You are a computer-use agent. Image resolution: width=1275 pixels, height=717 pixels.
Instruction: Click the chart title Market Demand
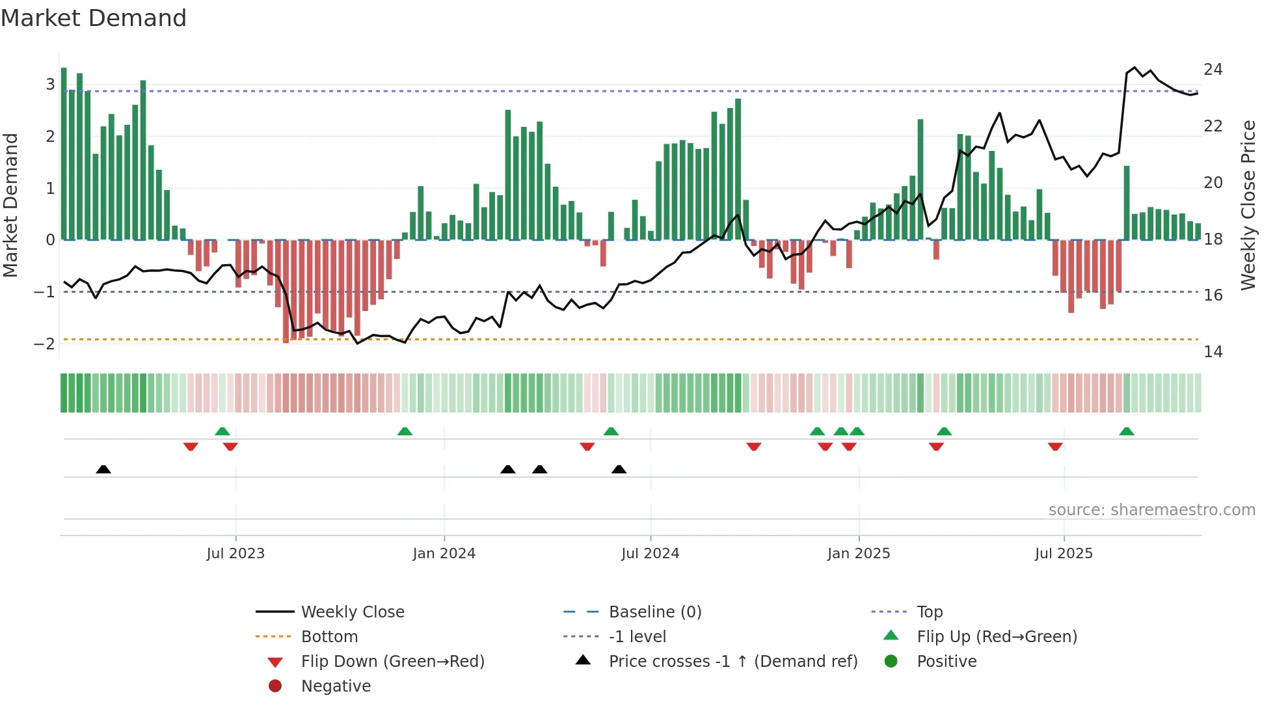(x=94, y=18)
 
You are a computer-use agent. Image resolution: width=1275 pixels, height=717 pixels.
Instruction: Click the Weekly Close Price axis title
(x=1248, y=205)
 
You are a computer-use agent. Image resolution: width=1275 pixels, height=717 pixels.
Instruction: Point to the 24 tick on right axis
(x=1213, y=70)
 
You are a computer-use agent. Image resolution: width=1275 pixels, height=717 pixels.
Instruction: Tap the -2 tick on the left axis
(x=45, y=344)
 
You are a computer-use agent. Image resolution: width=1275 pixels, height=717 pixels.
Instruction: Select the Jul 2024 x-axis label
(x=650, y=554)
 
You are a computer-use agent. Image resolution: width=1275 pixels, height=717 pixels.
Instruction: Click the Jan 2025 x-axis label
(x=858, y=554)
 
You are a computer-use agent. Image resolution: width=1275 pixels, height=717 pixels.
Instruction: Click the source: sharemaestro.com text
(x=1151, y=510)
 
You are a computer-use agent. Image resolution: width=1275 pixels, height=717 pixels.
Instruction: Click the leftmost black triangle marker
(x=103, y=469)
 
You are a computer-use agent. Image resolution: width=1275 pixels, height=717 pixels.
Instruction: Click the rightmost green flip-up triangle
(x=1127, y=431)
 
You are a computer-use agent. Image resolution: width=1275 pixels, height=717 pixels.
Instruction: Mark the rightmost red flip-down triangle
(x=1055, y=446)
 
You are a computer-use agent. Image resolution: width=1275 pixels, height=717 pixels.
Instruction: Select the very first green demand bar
(x=64, y=154)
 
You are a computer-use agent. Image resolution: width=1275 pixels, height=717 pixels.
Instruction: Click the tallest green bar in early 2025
(x=920, y=179)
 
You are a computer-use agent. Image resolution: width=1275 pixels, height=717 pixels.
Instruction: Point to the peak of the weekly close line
(x=1134, y=68)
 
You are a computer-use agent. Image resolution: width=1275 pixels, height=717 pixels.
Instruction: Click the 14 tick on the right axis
(x=1213, y=352)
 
